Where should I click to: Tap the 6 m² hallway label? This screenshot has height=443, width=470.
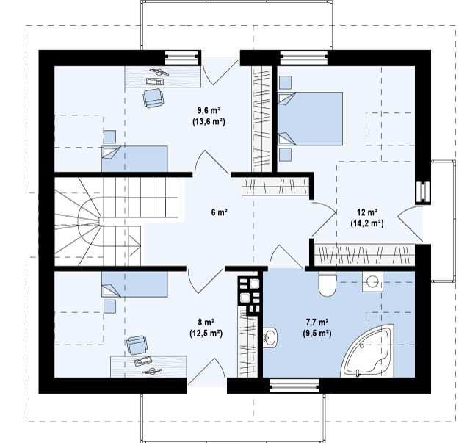pos(219,212)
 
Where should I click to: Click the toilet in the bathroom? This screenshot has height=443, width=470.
pos(327,284)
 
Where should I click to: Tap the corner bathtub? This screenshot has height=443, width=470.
pos(367,350)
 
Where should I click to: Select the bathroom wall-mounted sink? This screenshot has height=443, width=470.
pos(270,338)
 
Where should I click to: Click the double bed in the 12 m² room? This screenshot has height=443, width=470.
pos(310,119)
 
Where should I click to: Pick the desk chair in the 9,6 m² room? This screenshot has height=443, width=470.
pos(153,98)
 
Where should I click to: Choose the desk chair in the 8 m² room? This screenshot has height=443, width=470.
pos(137,345)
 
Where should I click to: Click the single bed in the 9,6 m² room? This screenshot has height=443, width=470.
pos(134,159)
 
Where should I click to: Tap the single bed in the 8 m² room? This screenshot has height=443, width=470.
pos(134,284)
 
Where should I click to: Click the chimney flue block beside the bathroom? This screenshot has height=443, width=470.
pos(249,295)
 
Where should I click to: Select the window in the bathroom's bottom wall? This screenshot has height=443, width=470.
pos(294,386)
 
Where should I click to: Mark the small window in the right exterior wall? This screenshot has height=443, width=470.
pos(423,192)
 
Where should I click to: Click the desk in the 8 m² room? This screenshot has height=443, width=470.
pos(148,367)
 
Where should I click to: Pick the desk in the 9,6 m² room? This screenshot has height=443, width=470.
pos(163,77)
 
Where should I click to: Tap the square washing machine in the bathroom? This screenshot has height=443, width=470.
pos(372,282)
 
